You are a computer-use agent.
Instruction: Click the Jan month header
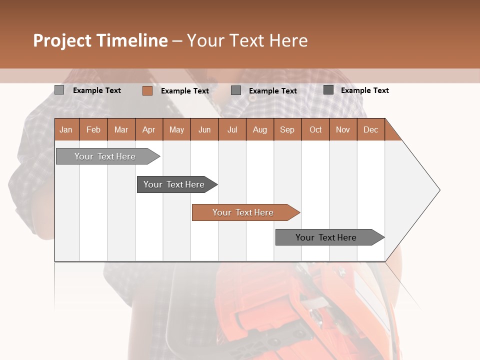[x=66, y=129]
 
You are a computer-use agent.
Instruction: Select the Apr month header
[x=149, y=129]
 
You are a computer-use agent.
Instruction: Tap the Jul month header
[x=232, y=129]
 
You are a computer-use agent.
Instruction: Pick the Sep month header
[x=287, y=129]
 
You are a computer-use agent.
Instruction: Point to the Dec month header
[x=370, y=129]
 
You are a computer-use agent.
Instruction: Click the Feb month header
[x=93, y=129]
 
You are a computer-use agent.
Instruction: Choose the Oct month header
[x=315, y=129]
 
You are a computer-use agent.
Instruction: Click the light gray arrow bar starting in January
[x=105, y=156]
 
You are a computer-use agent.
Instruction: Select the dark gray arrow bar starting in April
[x=174, y=184]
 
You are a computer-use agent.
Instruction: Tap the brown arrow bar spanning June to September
[x=243, y=212]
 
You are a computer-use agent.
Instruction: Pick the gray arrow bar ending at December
[x=326, y=237]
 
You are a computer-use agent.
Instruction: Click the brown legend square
[x=147, y=90]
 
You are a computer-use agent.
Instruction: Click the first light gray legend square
[x=59, y=90]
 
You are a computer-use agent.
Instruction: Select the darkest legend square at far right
[x=328, y=90]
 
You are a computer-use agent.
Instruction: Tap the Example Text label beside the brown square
[x=185, y=91]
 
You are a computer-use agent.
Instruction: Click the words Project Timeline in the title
[x=100, y=40]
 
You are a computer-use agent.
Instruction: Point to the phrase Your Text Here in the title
[x=247, y=40]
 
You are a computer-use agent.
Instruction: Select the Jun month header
[x=204, y=129]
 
